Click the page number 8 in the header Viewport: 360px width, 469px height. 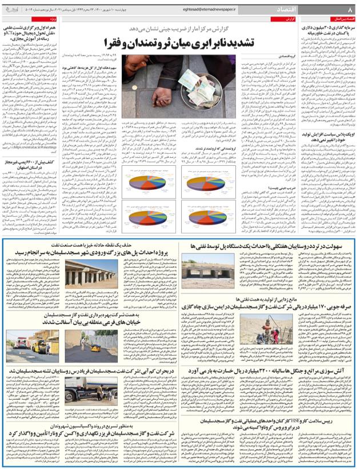pos(350,9)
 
